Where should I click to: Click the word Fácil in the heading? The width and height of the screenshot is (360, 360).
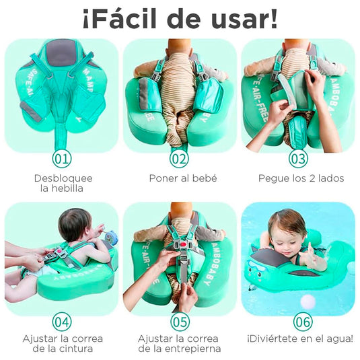click(122, 19)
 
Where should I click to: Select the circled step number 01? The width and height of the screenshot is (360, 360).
click(62, 159)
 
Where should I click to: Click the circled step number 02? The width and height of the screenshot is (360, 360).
click(180, 159)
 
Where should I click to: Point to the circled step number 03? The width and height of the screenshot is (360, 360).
click(298, 159)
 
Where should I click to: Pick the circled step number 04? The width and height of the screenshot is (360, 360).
click(62, 322)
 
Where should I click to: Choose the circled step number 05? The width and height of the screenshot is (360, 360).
click(180, 322)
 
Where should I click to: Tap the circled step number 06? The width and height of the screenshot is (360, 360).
click(303, 322)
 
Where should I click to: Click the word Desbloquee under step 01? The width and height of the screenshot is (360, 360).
click(63, 178)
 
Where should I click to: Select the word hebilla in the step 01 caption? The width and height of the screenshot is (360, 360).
click(67, 188)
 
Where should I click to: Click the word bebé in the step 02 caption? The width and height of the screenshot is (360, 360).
click(206, 178)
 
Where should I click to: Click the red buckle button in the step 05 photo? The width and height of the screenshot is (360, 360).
click(183, 245)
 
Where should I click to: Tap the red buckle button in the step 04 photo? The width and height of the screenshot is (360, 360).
click(59, 251)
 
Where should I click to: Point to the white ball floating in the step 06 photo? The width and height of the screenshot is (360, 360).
click(308, 301)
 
